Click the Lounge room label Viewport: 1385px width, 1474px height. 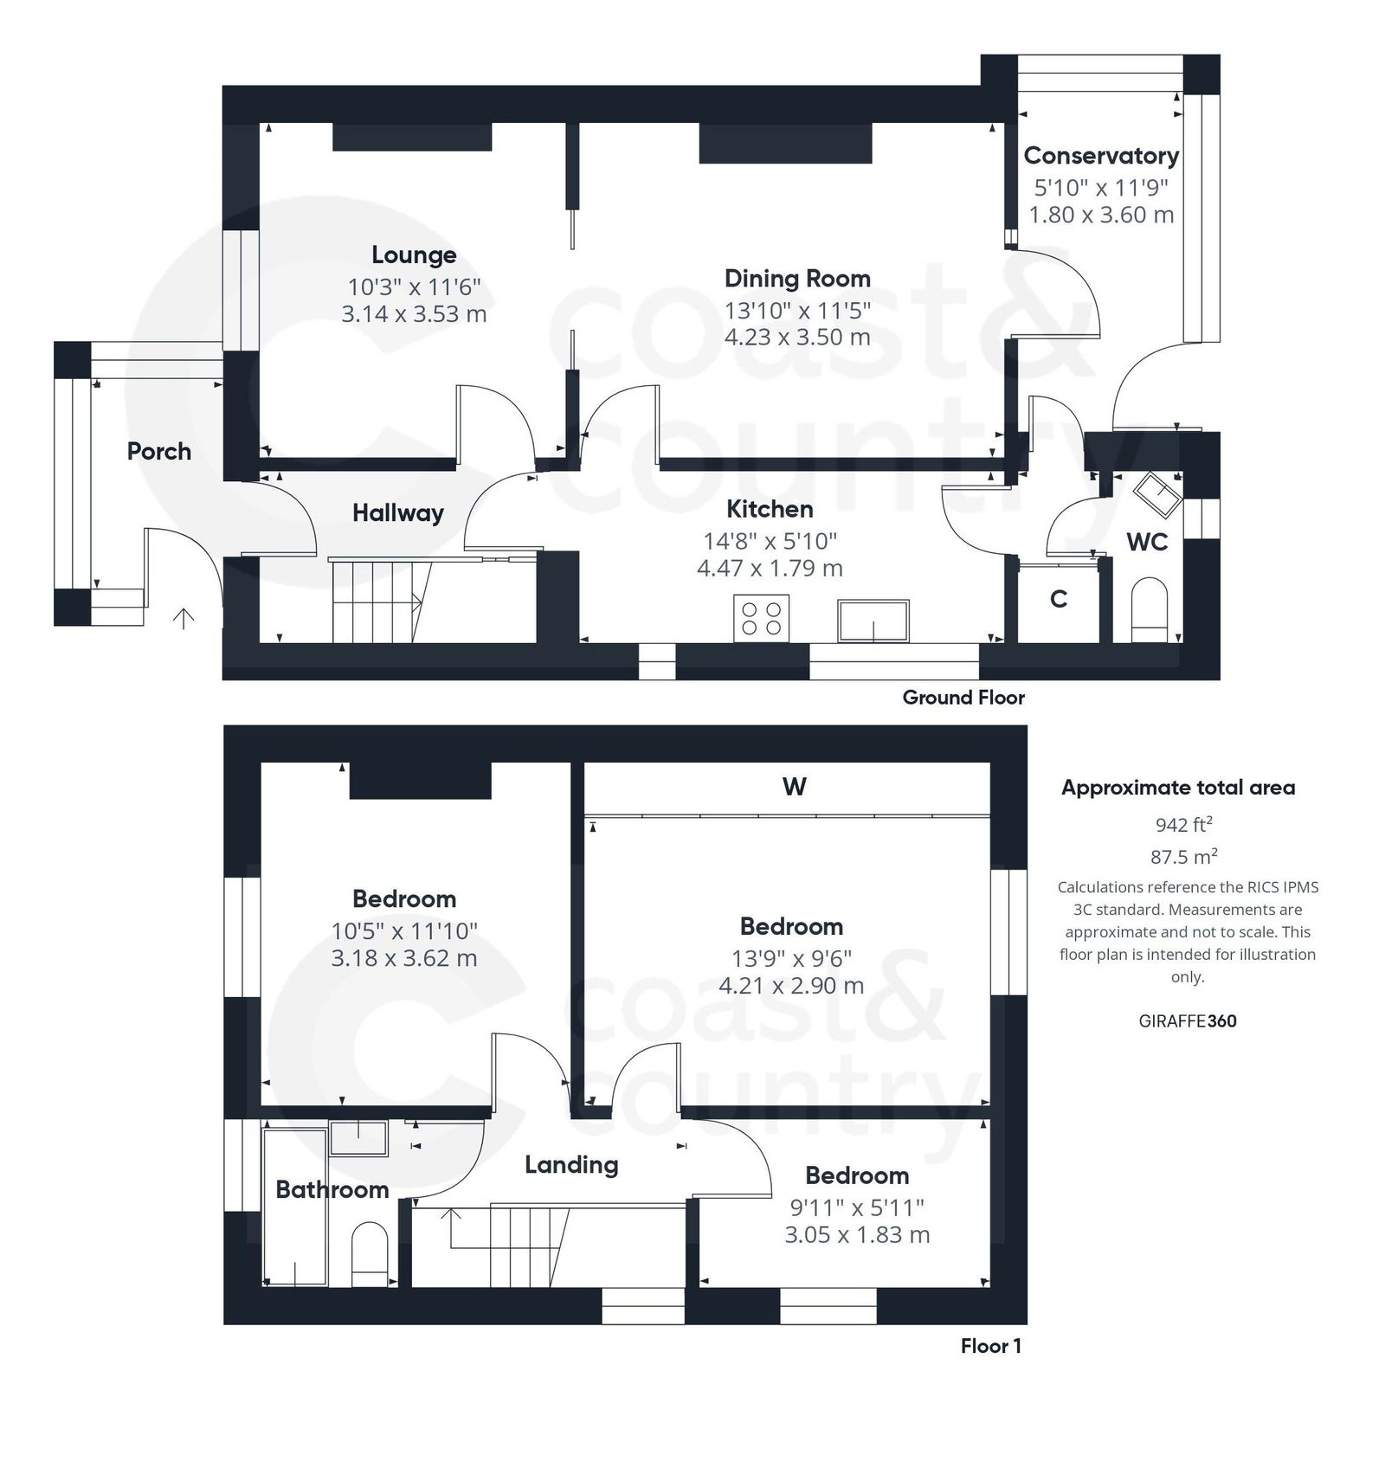(414, 255)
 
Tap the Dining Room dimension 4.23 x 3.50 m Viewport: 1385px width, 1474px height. (797, 337)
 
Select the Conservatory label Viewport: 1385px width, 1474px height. (1101, 156)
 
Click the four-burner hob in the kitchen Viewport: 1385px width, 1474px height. (761, 618)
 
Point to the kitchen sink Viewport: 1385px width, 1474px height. (873, 620)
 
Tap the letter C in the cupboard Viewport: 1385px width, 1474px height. (1058, 599)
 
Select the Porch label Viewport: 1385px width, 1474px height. (159, 451)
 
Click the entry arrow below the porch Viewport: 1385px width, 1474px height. (184, 618)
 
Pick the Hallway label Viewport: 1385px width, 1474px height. (397, 513)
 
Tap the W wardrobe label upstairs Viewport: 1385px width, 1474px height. (794, 787)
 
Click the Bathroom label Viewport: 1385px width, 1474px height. (332, 1189)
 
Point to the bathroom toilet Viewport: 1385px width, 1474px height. (370, 1254)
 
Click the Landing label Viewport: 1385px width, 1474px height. (571, 1165)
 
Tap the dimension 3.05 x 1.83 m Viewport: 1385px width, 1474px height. (857, 1234)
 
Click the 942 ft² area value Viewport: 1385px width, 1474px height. (1183, 825)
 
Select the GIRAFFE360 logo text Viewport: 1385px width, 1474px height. (1187, 1020)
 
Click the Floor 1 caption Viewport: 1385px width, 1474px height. (990, 1346)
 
